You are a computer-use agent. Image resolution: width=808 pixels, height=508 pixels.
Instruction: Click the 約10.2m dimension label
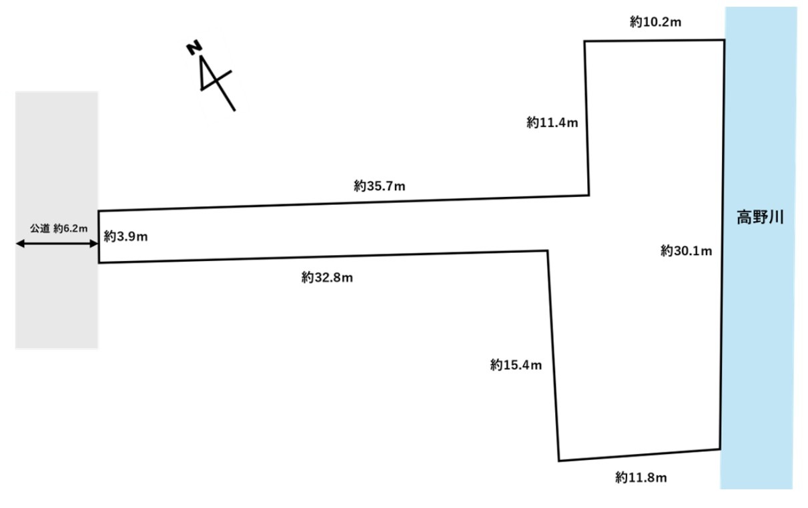point(655,23)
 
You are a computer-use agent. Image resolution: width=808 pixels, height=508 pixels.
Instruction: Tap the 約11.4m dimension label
point(552,122)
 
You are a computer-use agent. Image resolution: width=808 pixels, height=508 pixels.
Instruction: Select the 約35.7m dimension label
point(380,186)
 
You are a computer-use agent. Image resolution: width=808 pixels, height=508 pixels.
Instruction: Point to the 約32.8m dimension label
point(327,277)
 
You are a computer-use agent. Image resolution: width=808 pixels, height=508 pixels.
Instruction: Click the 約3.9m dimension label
point(126,236)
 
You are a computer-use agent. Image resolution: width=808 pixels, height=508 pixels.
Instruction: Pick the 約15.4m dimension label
point(516,365)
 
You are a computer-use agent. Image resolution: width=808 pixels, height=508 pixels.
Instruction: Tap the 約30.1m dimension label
point(687,251)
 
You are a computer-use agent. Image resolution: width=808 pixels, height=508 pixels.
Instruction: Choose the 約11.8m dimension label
point(641,477)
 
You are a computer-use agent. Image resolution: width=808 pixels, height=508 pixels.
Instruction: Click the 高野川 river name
point(759,218)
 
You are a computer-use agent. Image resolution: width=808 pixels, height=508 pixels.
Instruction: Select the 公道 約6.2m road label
point(59,228)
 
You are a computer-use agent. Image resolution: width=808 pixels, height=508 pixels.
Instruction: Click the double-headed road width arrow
point(57,244)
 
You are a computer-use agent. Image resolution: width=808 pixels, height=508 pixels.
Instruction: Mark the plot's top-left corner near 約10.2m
point(585,41)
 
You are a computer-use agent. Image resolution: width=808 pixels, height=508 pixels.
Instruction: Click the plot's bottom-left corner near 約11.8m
point(558,461)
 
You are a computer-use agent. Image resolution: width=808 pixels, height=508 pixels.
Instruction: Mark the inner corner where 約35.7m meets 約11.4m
point(588,195)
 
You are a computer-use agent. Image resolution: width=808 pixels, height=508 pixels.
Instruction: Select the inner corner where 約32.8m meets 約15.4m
point(547,250)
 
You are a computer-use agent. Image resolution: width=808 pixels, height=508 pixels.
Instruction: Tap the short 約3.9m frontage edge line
point(99,237)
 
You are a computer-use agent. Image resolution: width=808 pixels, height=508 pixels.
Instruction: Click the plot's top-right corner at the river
point(725,40)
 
